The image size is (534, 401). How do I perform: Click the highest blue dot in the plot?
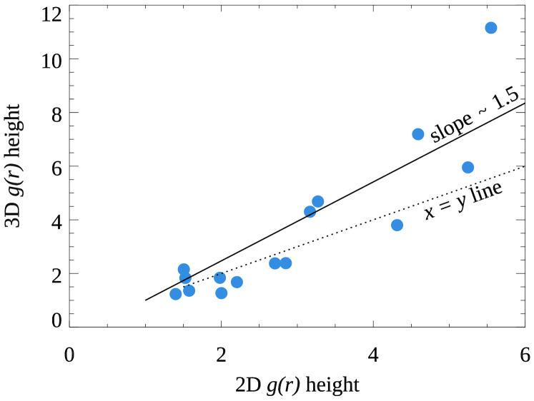tap(491, 28)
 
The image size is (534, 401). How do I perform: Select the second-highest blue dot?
tap(418, 134)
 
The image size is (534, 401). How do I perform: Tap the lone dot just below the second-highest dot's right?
tap(468, 167)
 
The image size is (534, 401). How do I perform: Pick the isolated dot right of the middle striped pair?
tap(397, 225)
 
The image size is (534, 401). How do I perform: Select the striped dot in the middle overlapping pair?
tap(309, 210)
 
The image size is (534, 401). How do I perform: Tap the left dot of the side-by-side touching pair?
tap(274, 263)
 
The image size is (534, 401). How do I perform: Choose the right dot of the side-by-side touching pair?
tap(287, 263)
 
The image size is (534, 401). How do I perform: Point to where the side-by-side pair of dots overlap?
tap(280, 263)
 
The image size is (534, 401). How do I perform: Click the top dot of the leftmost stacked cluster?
tap(184, 268)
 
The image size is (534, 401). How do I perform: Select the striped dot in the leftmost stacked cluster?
tap(185, 278)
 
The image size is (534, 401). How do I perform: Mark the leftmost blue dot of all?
tap(176, 294)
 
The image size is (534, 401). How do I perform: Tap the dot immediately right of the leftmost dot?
tap(189, 290)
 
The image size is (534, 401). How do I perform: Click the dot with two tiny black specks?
tap(220, 277)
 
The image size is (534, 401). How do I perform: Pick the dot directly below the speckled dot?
tap(222, 293)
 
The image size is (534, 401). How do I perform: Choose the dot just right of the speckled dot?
tap(237, 282)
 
